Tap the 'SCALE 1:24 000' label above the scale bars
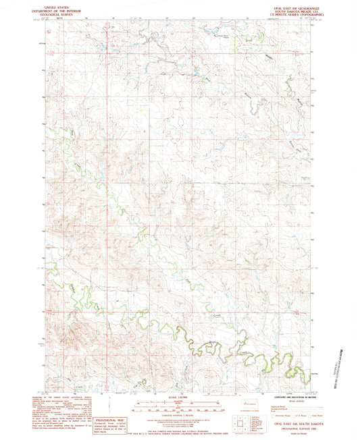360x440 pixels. pos(179,399)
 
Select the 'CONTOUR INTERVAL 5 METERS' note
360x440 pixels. pos(179,414)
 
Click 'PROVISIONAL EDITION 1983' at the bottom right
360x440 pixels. pos(289,425)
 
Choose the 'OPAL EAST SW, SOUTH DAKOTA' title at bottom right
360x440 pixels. pos(289,421)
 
